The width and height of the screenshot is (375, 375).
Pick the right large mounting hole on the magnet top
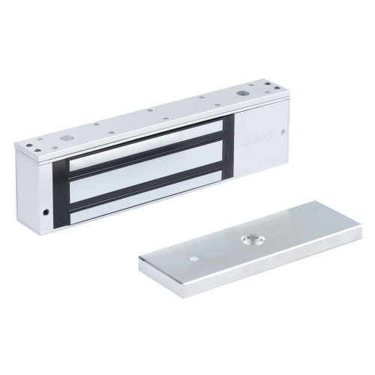coord(242,95)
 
